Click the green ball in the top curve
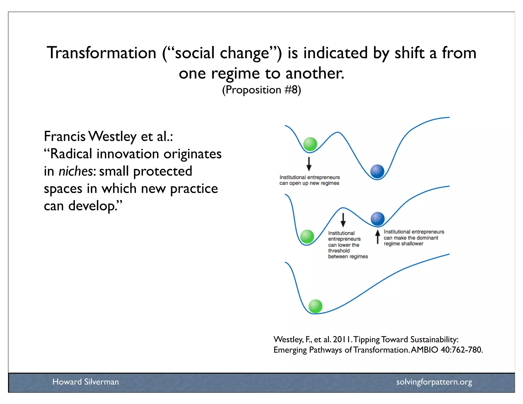[x=310, y=144]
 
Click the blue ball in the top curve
[x=377, y=171]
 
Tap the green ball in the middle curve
[x=307, y=236]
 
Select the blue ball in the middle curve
[x=377, y=219]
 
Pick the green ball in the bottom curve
[x=315, y=306]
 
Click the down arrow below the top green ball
[x=309, y=164]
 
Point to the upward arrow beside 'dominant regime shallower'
[x=378, y=236]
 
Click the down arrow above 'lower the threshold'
[x=343, y=220]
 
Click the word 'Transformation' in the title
[x=101, y=53]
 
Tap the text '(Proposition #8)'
[x=261, y=90]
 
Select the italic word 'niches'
[x=76, y=171]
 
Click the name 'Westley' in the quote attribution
[x=112, y=136]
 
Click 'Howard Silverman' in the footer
[x=86, y=382]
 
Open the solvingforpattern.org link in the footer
[x=434, y=382]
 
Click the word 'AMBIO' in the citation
[x=424, y=350]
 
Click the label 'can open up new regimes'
[x=309, y=183]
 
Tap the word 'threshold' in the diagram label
[x=339, y=251]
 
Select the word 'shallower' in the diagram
[x=412, y=244]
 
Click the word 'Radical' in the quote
[x=71, y=154]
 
